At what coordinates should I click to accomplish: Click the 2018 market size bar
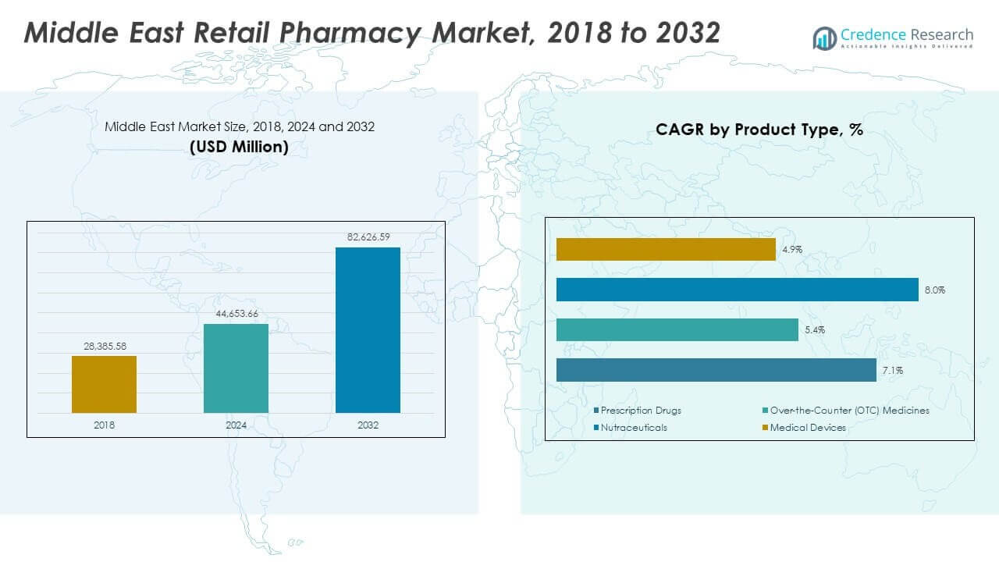pos(104,384)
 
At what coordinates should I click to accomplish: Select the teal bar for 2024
pos(236,368)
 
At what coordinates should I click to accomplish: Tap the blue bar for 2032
pos(368,330)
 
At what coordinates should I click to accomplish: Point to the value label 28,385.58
pos(104,345)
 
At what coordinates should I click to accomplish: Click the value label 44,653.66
pos(236,313)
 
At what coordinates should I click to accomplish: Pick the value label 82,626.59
pos(368,237)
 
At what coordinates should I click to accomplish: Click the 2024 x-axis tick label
pos(236,425)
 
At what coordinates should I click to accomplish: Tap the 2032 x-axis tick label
pos(368,425)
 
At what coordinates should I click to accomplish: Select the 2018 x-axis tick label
pos(104,425)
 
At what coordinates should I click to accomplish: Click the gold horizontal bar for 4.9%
pos(666,250)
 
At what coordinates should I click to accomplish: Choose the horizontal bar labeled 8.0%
pos(737,290)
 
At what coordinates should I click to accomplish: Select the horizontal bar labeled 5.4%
pos(677,329)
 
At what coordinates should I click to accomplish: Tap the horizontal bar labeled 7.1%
pos(716,370)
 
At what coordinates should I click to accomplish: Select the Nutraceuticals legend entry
pos(633,428)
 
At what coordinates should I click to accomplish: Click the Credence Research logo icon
pos(824,37)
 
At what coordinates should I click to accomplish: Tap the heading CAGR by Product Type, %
pos(759,130)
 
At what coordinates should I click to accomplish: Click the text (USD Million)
pos(239,147)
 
